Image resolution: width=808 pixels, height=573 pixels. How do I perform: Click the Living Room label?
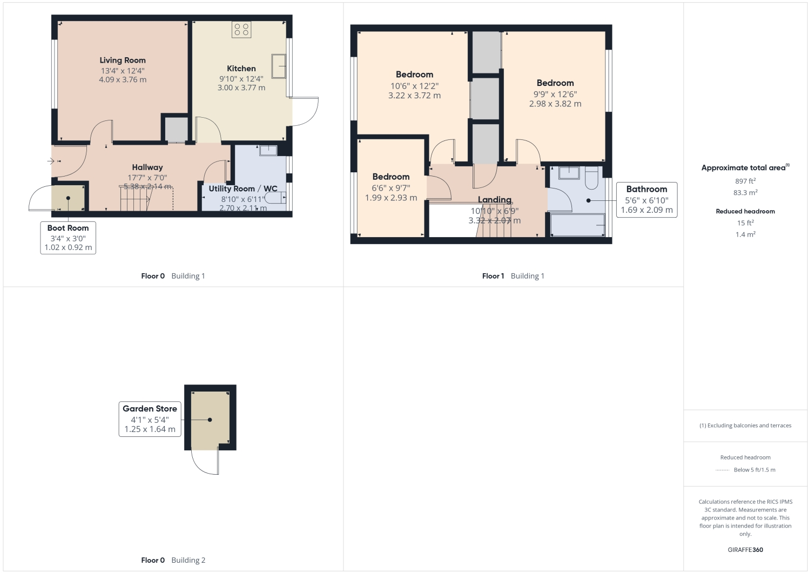[123, 60]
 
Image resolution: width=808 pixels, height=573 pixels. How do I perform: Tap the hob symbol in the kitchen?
[241, 30]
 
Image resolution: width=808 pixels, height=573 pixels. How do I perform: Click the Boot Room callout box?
[68, 238]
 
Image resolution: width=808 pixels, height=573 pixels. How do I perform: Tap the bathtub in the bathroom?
[577, 225]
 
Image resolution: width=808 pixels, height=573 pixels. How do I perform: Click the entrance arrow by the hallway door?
[51, 161]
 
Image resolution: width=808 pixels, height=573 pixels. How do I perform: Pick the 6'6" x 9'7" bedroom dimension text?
[391, 188]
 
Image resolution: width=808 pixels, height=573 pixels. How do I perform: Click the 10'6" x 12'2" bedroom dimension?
[414, 86]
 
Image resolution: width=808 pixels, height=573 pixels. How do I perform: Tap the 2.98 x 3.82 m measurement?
[555, 104]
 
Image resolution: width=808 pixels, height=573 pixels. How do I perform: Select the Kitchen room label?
[241, 69]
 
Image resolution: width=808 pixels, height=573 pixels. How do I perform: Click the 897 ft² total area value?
[745, 181]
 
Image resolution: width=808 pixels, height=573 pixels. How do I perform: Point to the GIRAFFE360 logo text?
[745, 550]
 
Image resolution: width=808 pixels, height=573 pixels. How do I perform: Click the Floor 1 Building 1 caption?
[513, 276]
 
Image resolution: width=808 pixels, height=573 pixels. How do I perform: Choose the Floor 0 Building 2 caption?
[173, 560]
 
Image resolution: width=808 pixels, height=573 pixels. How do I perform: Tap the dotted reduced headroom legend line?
[722, 470]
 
